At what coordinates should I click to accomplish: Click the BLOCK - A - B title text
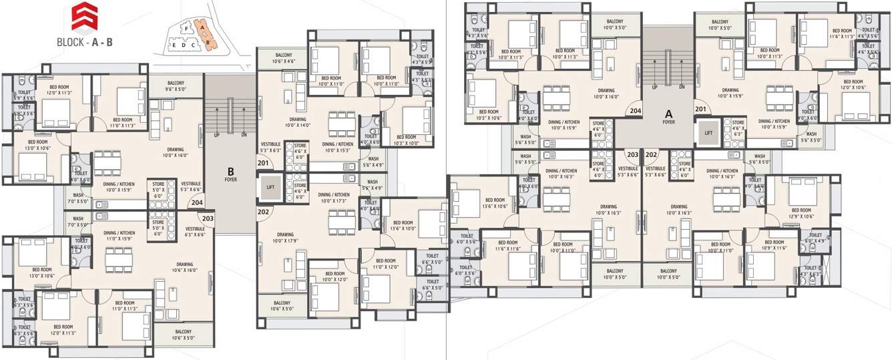pos(85,41)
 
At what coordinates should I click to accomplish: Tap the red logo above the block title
pos(84,16)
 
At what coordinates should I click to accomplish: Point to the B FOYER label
pos(230,174)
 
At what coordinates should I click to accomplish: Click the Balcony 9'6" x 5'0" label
pos(176,87)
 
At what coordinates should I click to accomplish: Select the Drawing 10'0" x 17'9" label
pos(286,238)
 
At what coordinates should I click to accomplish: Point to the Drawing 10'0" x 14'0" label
pos(298,122)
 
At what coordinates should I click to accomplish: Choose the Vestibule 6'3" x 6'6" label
pos(195,232)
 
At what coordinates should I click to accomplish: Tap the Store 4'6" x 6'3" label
pos(738,128)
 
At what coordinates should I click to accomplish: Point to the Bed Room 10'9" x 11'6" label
pos(773,245)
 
